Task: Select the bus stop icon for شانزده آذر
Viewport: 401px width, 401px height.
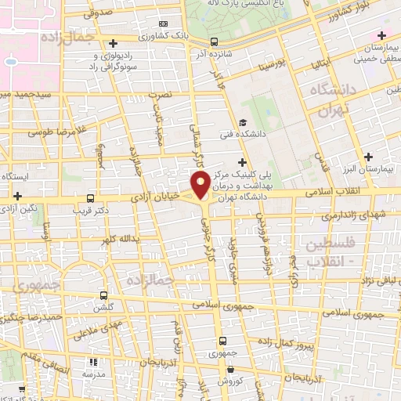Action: coord(215,42)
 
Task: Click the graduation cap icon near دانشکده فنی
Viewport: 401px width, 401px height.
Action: coord(244,122)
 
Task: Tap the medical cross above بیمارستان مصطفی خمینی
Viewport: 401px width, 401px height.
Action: coord(381,36)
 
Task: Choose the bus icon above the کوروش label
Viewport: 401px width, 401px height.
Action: coord(224,341)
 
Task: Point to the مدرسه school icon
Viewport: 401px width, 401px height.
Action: coord(95,363)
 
